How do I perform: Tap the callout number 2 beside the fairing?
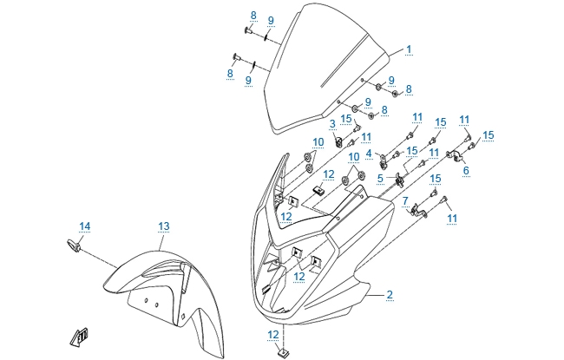coord(390,295)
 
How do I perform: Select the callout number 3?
coord(332,124)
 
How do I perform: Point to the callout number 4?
coord(369,154)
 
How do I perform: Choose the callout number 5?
coord(380,179)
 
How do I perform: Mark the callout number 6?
coord(466,170)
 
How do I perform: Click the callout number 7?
coord(404,201)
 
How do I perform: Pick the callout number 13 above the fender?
coord(163,226)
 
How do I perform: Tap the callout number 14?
coord(85,226)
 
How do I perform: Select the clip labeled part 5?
coord(399,180)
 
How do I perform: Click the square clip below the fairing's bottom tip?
coord(283,352)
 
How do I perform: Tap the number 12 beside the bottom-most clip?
coord(272,334)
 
